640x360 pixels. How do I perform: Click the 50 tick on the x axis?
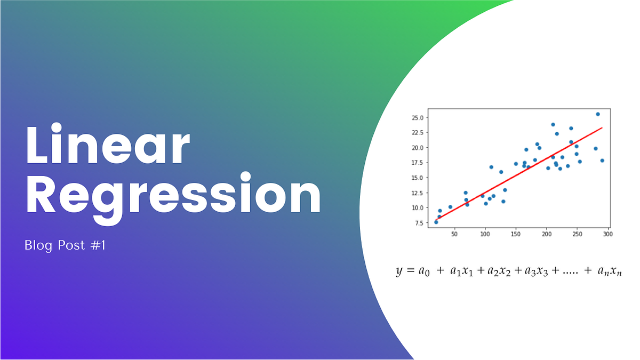(x=454, y=234)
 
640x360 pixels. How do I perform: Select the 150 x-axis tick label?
(x=516, y=234)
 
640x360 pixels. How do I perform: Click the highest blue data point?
(x=598, y=114)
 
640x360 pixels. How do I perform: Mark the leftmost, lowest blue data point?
(x=436, y=222)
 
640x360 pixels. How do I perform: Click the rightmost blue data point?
(x=602, y=161)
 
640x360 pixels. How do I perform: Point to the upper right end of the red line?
(x=602, y=128)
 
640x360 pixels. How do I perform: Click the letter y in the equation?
(x=399, y=271)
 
